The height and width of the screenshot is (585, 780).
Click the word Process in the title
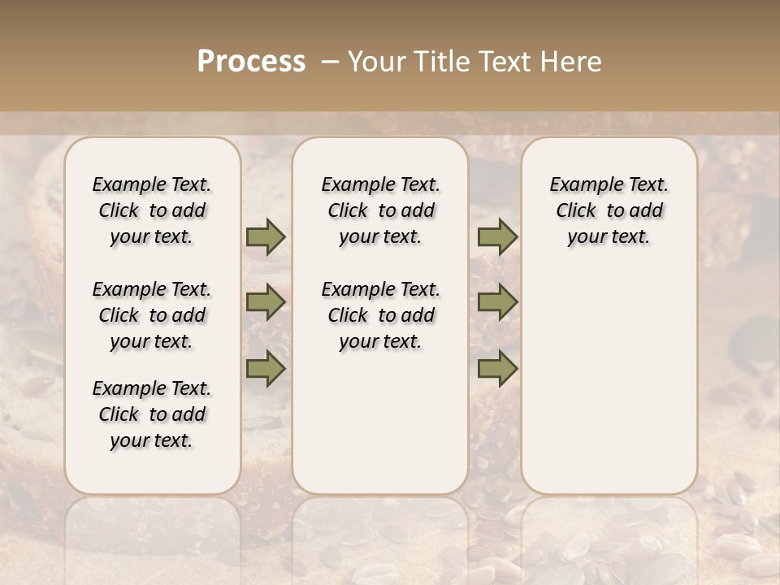[251, 62]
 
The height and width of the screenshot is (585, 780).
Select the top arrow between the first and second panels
[266, 237]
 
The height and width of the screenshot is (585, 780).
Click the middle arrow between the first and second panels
[266, 302]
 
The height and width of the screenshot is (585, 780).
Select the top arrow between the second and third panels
[497, 237]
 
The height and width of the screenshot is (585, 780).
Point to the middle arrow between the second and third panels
[497, 302]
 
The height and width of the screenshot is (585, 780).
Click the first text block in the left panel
[152, 210]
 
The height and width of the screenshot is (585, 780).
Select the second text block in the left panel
[152, 315]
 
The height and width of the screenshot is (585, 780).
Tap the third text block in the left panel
[152, 414]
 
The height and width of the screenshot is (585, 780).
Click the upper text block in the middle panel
[380, 210]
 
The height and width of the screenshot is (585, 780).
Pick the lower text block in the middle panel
[380, 315]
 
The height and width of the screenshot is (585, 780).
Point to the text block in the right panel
[609, 210]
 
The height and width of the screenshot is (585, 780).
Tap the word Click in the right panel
[576, 211]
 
